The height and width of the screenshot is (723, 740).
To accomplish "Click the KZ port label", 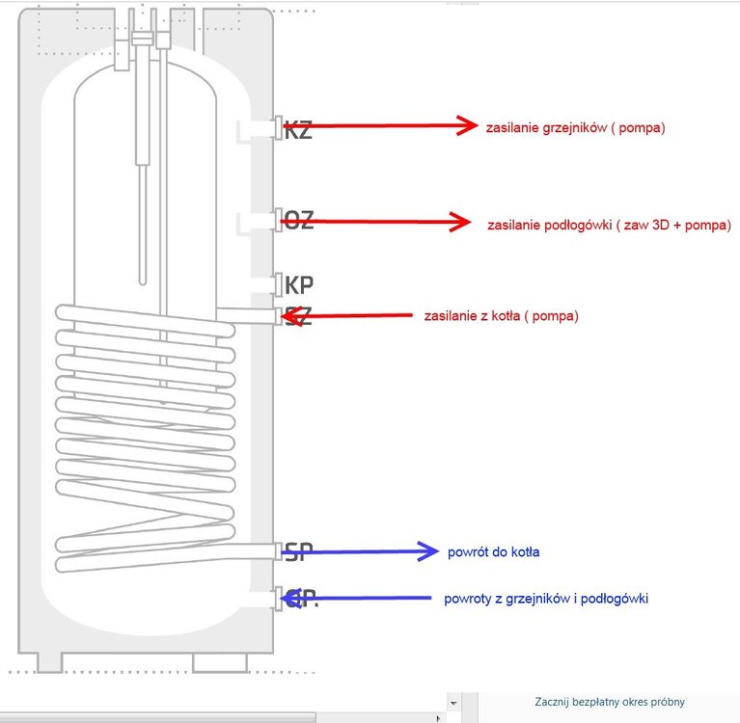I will pos(298,130).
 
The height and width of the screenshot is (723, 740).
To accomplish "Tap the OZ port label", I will pos(298,220).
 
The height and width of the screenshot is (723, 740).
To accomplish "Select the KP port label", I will pos(299,285).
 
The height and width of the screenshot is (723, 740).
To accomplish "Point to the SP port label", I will pos(298,552).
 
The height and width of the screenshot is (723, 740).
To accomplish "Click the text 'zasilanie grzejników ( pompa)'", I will pos(576,127).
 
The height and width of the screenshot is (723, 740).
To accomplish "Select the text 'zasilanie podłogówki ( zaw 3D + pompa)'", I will pos(609,225).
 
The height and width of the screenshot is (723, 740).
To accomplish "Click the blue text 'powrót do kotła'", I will pos(493,552).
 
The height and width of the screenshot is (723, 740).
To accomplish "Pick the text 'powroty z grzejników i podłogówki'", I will pos(546,599).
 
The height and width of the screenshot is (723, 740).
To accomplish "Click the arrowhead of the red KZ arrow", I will pos(468,124).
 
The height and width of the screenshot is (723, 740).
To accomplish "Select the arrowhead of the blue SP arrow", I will pos(428,551).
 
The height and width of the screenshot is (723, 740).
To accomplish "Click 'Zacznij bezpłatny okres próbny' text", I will pos(610,702).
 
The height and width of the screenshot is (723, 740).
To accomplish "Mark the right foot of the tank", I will pos(220,662).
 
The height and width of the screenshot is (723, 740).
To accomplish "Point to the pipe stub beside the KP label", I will pos(261,284).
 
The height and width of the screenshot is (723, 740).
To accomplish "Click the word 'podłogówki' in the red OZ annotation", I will pos(578,225).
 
